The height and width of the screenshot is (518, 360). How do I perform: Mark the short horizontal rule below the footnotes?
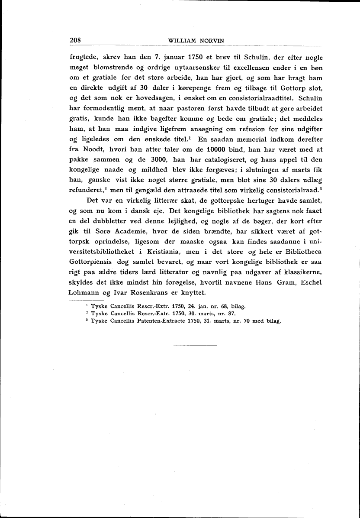pyautogui.click(x=195, y=345)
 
